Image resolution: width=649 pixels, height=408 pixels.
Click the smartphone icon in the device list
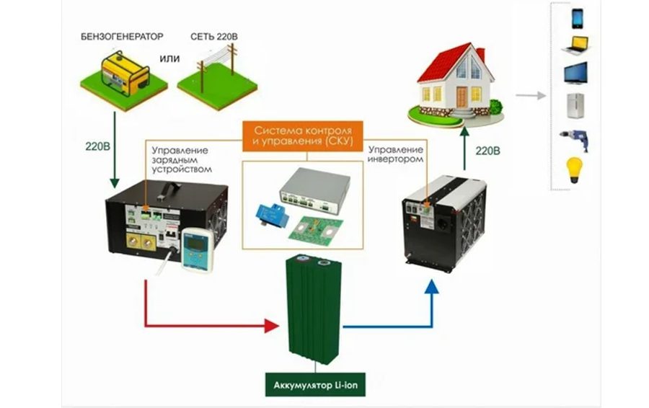click(578, 17)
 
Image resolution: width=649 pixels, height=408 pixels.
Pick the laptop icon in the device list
click(578, 44)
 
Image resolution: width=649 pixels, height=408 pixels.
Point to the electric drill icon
click(576, 139)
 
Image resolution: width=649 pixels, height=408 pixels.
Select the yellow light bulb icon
click(576, 170)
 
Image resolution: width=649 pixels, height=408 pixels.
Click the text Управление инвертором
click(396, 154)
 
